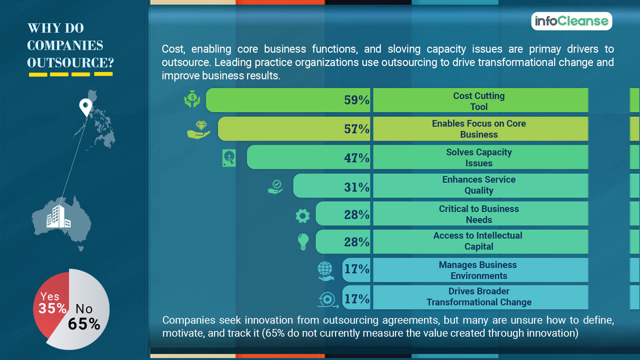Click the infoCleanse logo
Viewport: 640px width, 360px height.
(571, 21)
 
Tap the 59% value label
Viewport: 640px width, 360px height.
(356, 100)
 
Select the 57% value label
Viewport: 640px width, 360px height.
(356, 129)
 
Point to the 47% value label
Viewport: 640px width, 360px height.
(356, 158)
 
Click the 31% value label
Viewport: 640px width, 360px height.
(356, 187)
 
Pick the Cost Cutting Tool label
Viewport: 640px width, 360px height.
(479, 101)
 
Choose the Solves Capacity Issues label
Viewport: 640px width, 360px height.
(479, 158)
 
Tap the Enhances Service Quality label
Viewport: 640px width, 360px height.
(479, 185)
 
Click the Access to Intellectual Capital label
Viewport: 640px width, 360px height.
(478, 241)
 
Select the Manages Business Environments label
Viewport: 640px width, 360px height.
(478, 270)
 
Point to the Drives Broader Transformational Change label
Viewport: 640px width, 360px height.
(479, 297)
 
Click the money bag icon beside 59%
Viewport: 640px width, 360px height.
(192, 99)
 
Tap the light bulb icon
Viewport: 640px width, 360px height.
(303, 242)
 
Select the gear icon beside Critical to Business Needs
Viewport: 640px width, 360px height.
(302, 216)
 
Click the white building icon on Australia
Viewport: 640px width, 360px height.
(58, 217)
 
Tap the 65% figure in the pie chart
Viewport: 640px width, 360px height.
(84, 324)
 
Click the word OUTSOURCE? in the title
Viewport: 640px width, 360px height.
(70, 63)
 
